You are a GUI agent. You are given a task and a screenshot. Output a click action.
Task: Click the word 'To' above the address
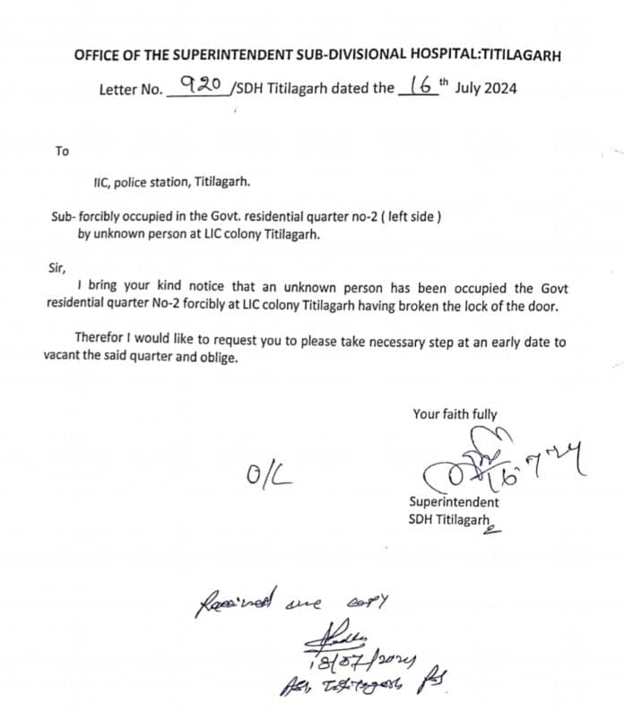62,151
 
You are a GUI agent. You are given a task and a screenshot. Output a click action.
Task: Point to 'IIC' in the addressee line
101,182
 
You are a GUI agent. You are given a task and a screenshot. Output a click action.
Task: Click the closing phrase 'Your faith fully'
455,414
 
